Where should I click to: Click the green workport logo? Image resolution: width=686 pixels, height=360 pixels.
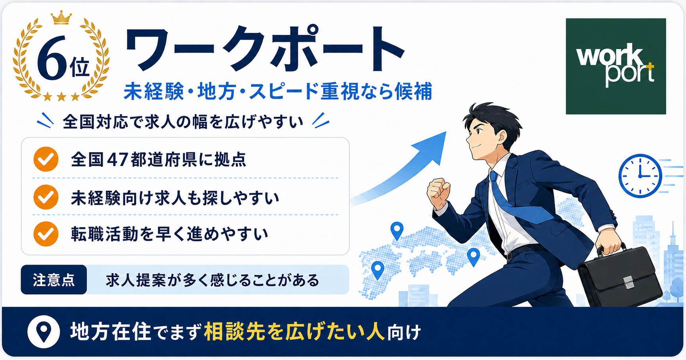pos(615,66)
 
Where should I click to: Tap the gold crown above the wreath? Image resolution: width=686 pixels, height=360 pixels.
pos(61,18)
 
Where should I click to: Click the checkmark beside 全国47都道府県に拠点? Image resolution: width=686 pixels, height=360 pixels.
pos(46,159)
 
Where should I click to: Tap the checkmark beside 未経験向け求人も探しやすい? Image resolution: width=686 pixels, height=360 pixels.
pos(46,197)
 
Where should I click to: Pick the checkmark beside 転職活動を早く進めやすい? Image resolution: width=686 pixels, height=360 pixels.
pos(46,234)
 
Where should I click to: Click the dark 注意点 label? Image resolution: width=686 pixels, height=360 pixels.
pos(54,280)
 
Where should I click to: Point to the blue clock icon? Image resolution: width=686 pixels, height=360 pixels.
pos(640,176)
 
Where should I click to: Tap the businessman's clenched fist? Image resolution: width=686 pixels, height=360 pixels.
pos(438,192)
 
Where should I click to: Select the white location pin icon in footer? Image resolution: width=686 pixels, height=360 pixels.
pos(44,332)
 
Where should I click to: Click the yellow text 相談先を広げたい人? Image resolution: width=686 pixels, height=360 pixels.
pos(294,332)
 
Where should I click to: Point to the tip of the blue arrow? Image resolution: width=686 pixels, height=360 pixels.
pos(446,132)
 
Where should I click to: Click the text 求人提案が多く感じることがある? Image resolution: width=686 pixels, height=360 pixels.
pos(212,280)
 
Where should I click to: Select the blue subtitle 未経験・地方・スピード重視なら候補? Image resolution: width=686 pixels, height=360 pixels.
pos(278,91)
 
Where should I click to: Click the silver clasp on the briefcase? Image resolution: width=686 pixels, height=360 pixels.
pos(628,282)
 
